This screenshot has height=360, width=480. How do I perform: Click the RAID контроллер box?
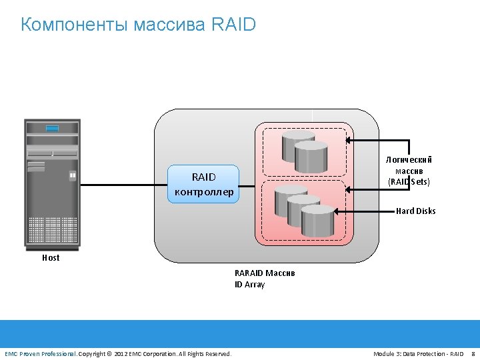(x=203, y=184)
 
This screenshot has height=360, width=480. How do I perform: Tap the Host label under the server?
(x=51, y=258)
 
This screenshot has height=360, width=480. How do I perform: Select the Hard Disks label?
(x=415, y=211)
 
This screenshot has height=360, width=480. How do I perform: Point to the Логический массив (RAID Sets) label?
(x=409, y=170)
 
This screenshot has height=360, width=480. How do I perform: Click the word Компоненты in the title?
(x=74, y=25)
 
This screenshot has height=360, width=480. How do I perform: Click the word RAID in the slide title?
(x=233, y=25)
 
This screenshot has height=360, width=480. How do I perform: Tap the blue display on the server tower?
(x=52, y=128)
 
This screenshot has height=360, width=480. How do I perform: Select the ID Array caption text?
(x=249, y=285)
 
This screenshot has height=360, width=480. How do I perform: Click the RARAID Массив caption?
(x=264, y=273)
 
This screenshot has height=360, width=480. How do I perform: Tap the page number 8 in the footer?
(x=473, y=353)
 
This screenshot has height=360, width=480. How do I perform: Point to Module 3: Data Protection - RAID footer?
(x=418, y=353)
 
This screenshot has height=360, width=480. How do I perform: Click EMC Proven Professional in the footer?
(x=40, y=353)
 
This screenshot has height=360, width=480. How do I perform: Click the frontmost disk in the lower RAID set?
(x=317, y=221)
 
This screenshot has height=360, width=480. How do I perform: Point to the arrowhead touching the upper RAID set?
(x=349, y=141)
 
